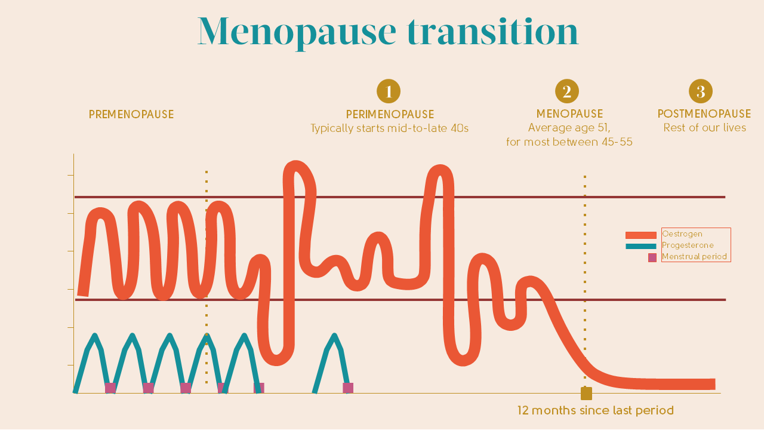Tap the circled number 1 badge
(389, 91)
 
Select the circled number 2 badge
(567, 91)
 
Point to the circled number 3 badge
(701, 91)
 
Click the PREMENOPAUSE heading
(131, 114)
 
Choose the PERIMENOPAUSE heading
(390, 114)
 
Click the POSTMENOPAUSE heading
(704, 113)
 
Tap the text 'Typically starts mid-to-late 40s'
(389, 128)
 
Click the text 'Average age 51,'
(569, 128)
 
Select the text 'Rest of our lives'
(704, 128)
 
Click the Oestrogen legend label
(682, 234)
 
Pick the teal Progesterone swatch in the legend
(640, 246)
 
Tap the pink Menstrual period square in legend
(652, 257)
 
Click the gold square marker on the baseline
(586, 394)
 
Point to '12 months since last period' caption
(595, 411)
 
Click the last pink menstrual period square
(348, 388)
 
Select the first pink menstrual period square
(110, 388)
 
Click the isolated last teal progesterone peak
(334, 337)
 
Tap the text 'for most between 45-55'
(569, 142)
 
